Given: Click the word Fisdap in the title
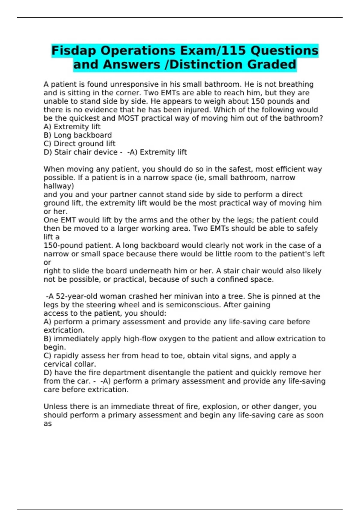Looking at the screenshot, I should tap(74, 51).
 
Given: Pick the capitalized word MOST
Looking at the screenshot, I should tap(128, 118).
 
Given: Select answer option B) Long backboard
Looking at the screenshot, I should tap(78, 135).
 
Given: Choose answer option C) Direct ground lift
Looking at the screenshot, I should tap(79, 144).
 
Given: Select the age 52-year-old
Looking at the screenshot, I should tap(77, 296).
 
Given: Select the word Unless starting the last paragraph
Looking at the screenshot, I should tap(55, 406).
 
